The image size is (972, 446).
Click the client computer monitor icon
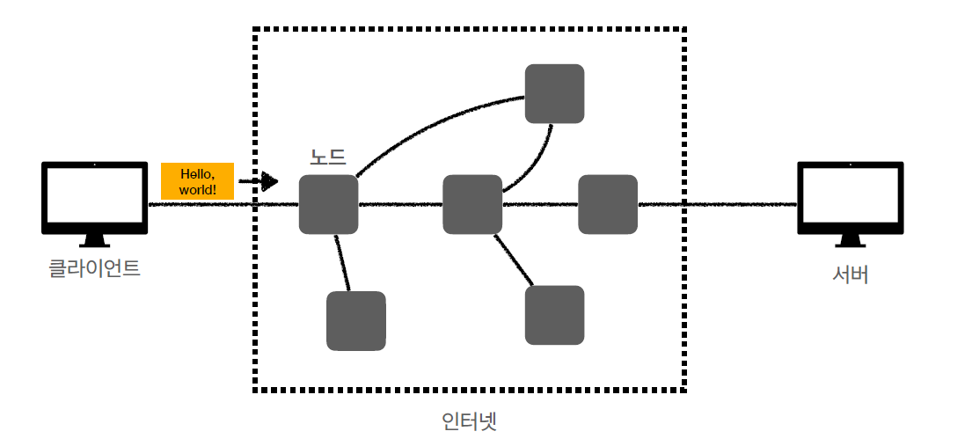click(x=94, y=197)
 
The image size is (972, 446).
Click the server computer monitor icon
click(x=850, y=197)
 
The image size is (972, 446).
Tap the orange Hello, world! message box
click(x=197, y=181)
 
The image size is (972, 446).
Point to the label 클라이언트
click(x=94, y=268)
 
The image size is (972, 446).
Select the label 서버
click(x=850, y=274)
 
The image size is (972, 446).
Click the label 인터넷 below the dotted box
click(x=469, y=420)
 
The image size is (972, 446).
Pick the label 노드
click(x=327, y=157)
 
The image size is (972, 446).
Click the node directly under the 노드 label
click(x=328, y=205)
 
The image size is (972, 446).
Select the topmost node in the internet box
click(x=554, y=93)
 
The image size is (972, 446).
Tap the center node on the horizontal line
click(x=471, y=205)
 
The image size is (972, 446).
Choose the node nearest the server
click(x=607, y=205)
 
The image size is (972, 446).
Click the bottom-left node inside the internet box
click(x=355, y=320)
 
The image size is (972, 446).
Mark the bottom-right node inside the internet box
click(x=554, y=315)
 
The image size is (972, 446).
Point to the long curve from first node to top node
click(x=431, y=128)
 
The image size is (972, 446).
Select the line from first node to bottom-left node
click(x=343, y=262)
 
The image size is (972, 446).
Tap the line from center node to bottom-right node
click(x=515, y=260)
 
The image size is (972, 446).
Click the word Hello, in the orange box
click(x=197, y=174)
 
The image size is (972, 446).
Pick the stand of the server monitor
click(x=850, y=240)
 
